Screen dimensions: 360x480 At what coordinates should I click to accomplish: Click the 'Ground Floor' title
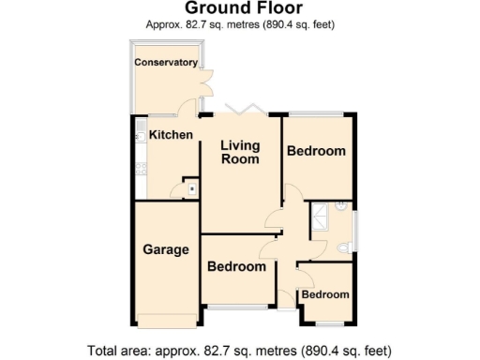point(240,9)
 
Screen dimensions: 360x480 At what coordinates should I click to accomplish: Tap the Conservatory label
point(166,63)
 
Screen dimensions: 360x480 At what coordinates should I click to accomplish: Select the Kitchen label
point(171,135)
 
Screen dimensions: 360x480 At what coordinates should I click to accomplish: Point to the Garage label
point(166,249)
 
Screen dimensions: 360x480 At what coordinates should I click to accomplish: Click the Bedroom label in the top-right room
point(316,151)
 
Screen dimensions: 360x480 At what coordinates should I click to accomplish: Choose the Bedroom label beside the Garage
point(236,266)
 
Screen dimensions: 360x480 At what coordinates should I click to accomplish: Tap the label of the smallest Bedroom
point(325,294)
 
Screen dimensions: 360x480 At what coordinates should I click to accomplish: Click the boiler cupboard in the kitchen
point(191,188)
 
